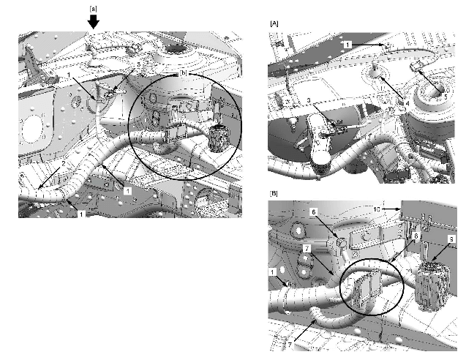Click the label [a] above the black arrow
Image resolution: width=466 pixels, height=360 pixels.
93,8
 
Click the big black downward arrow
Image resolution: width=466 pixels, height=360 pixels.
94,21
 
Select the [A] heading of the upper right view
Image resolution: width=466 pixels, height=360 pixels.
274,24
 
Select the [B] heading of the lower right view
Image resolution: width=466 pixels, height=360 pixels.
274,193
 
